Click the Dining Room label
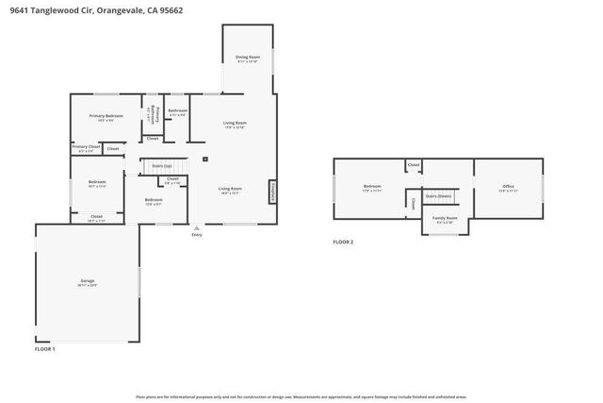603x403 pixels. point(247,59)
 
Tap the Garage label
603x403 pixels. point(88,282)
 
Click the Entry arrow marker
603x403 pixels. point(196,228)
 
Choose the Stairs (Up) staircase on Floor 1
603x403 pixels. point(162,166)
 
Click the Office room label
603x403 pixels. point(508,188)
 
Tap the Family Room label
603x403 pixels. point(445,219)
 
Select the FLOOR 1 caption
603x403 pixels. point(45,349)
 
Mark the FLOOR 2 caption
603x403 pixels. point(343,242)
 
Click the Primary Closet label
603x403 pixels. point(86,147)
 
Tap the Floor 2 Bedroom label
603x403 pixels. point(372,188)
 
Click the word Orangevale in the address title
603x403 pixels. point(124,10)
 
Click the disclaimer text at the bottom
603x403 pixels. point(301,395)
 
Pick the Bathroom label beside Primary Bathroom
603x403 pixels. point(177,111)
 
